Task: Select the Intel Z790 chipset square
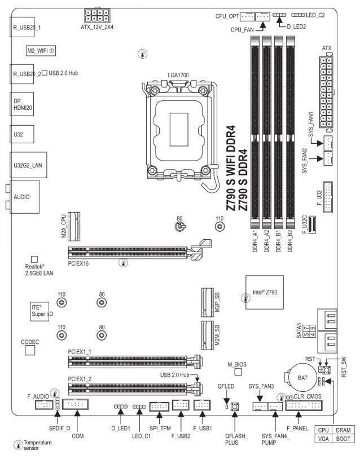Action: tap(262, 292)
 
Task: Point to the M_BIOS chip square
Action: tap(238, 372)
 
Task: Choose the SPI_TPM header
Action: tap(159, 406)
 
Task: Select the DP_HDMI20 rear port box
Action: tap(21, 105)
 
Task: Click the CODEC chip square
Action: tap(30, 350)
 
